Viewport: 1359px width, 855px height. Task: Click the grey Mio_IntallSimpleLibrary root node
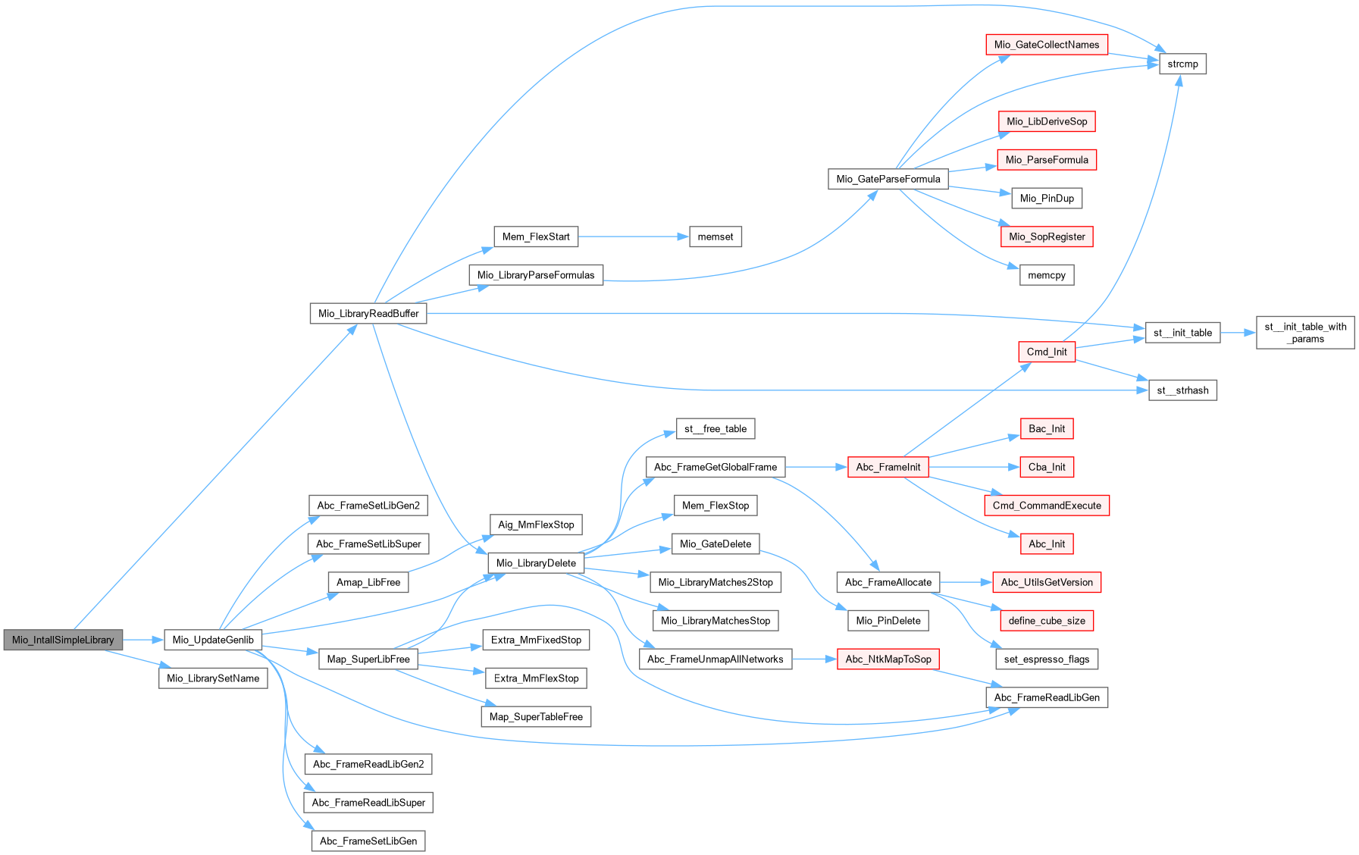tap(63, 640)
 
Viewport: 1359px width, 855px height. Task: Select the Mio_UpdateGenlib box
tap(213, 640)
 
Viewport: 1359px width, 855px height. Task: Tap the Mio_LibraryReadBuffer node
tap(368, 313)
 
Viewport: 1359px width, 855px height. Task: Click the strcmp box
tap(1182, 64)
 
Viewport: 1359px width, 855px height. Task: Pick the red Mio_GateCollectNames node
tap(1047, 45)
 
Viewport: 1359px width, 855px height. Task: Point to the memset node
tap(716, 236)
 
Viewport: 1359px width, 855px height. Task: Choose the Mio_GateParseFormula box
tap(888, 179)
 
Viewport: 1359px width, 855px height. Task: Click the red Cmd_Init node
tap(1047, 352)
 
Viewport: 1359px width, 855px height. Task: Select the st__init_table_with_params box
tap(1305, 333)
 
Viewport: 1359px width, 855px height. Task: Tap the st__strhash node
tap(1182, 390)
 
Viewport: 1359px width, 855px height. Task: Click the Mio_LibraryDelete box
tap(536, 562)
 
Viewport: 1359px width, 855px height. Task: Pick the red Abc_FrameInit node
tap(888, 467)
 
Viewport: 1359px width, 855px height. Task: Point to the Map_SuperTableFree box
tap(536, 716)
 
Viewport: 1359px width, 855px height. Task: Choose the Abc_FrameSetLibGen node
tap(368, 841)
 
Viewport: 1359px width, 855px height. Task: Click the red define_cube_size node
tap(1047, 620)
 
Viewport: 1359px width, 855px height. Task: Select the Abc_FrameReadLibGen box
tap(1047, 697)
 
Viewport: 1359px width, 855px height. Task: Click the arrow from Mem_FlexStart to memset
tap(633, 236)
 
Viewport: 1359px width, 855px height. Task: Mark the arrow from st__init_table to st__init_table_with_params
tap(1238, 333)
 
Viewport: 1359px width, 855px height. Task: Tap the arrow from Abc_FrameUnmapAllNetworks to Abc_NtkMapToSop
tap(814, 659)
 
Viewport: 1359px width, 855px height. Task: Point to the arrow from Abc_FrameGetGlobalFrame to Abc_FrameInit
tap(816, 467)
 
